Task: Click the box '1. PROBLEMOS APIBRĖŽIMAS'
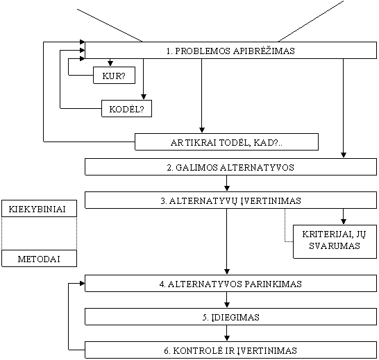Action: [230, 50]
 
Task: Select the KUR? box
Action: [114, 76]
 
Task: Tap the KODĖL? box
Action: [126, 109]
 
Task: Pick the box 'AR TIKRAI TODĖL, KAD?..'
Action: [226, 142]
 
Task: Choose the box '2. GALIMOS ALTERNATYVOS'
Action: [230, 166]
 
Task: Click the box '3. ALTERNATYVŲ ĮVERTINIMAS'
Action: [230, 200]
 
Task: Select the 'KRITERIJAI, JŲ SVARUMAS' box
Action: [335, 241]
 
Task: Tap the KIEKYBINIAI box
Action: [39, 209]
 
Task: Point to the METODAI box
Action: [39, 259]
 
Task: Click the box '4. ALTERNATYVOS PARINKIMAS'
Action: [230, 284]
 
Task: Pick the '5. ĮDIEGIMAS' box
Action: [230, 317]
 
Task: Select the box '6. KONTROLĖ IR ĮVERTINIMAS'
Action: [230, 350]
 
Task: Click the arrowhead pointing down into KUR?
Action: [110, 64]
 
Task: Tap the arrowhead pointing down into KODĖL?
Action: [144, 97]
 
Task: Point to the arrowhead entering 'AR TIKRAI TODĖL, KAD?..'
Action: [202, 130]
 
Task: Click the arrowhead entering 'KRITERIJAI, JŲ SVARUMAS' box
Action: [344, 222]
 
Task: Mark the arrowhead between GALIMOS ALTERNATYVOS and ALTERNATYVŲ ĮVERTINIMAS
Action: [227, 189]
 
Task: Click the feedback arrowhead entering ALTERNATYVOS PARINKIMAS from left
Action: [82, 284]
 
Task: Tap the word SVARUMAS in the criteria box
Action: [335, 246]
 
